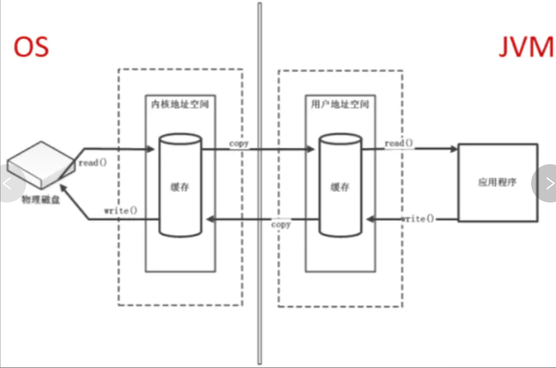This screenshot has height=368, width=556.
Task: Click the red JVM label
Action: coord(526,47)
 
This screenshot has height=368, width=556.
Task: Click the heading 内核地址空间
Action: coord(178,102)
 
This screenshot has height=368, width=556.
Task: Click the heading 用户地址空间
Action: coord(339,102)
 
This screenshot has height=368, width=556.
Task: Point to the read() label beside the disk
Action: coord(93,163)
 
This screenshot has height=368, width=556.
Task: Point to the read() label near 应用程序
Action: coord(399,143)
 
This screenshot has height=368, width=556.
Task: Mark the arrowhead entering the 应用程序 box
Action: coord(454,149)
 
